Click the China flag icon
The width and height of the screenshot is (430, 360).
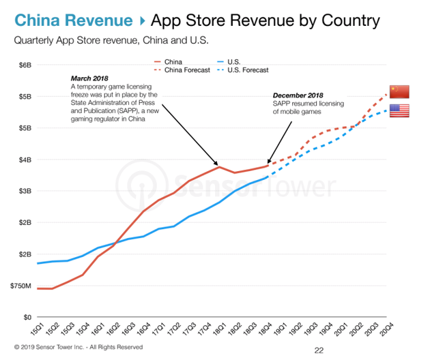pos(399,92)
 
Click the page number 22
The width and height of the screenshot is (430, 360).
pos(319,350)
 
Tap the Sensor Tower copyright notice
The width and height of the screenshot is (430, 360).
pos(78,347)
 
